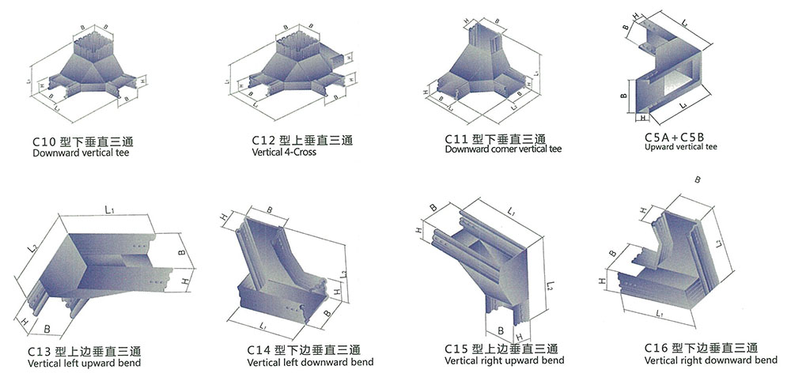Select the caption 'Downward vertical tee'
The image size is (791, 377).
pyautogui.click(x=81, y=153)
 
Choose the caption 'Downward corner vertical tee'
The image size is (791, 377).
pyautogui.click(x=503, y=149)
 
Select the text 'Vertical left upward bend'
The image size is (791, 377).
pyautogui.click(x=85, y=364)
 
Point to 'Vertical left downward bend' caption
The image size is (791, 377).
pyautogui.click(x=310, y=362)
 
